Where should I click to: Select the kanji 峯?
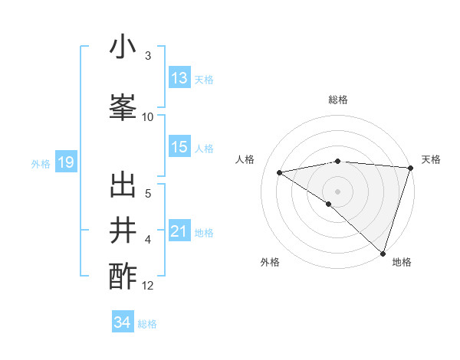pyautogui.click(x=123, y=104)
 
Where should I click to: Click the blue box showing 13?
pyautogui.click(x=179, y=79)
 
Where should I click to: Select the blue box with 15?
pyautogui.click(x=179, y=147)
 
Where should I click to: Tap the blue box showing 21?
pyautogui.click(x=179, y=231)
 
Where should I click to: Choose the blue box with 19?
pyautogui.click(x=66, y=162)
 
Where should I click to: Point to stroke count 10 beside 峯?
pyautogui.click(x=148, y=116)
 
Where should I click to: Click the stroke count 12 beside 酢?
pyautogui.click(x=148, y=286)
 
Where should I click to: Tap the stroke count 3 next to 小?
pyautogui.click(x=148, y=56)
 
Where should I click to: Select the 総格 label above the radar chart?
pyautogui.click(x=337, y=100)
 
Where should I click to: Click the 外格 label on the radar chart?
pyautogui.click(x=270, y=262)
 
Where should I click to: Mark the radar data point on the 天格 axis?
pyautogui.click(x=410, y=168)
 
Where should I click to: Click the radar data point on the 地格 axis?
pyautogui.click(x=383, y=254)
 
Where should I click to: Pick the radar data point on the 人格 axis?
pyautogui.click(x=279, y=172)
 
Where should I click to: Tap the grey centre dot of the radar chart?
pyautogui.click(x=337, y=190)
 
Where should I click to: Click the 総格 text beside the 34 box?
pyautogui.click(x=147, y=324)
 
